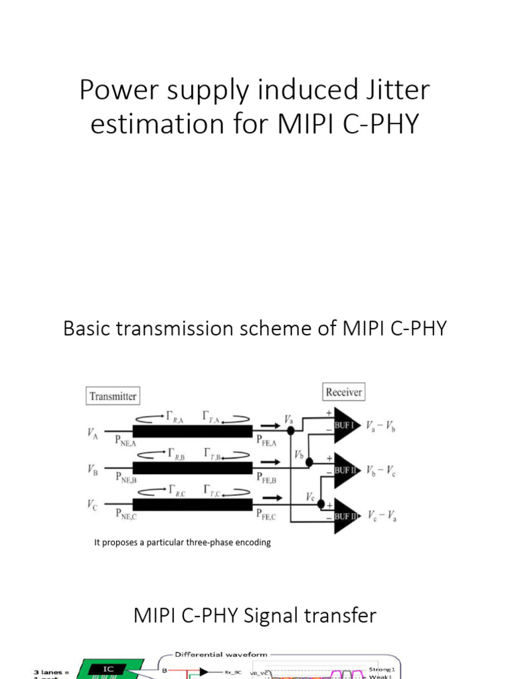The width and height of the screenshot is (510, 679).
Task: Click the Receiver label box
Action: [x=343, y=392]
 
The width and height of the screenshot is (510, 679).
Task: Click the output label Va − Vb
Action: [x=383, y=426]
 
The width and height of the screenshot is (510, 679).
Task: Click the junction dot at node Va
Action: [x=290, y=430]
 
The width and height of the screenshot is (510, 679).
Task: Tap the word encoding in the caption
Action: [x=252, y=542]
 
